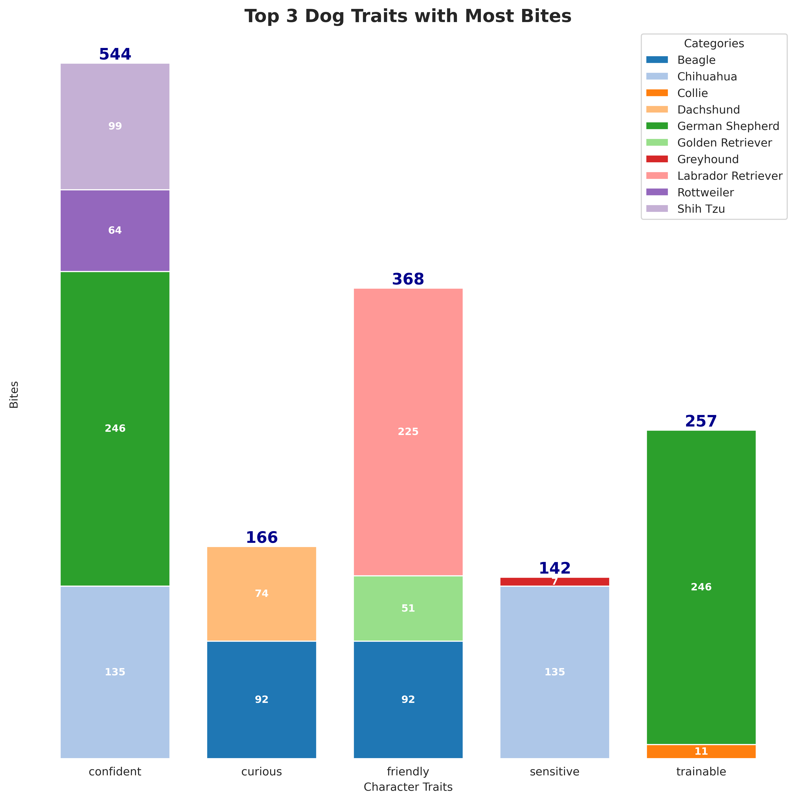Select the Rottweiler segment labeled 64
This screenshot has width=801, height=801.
[x=115, y=230]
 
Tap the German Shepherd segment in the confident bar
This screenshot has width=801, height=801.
[x=115, y=428]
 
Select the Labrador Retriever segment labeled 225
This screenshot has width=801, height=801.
[x=408, y=432]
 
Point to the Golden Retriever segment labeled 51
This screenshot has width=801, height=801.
[x=408, y=608]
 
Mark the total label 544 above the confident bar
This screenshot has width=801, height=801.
[x=115, y=54]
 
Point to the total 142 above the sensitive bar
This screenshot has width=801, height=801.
[x=554, y=568]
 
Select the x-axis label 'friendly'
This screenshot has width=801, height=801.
[x=408, y=772]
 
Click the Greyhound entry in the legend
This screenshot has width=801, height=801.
[x=708, y=159]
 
